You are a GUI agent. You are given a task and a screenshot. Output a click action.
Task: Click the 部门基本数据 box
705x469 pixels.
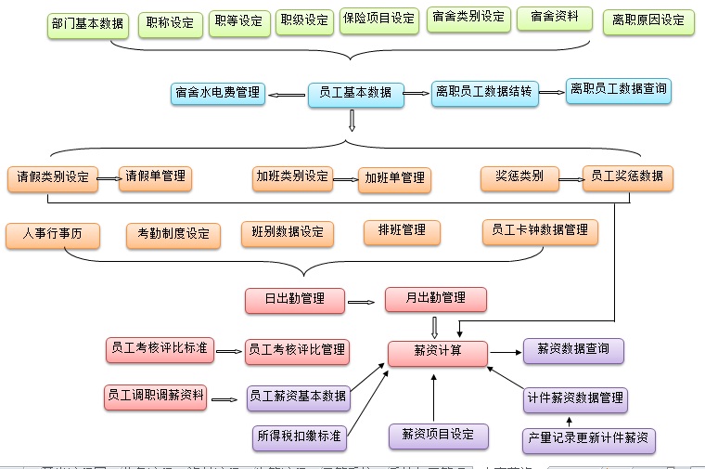click(87, 24)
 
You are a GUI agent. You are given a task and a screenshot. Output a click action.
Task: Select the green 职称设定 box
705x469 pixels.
click(171, 22)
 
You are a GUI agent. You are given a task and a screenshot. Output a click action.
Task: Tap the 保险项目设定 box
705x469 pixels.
click(378, 20)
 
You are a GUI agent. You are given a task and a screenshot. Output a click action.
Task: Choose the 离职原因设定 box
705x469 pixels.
click(648, 21)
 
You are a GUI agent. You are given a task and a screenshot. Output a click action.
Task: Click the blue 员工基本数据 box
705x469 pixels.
click(355, 93)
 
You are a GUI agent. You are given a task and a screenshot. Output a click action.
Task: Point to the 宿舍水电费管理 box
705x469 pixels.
click(218, 93)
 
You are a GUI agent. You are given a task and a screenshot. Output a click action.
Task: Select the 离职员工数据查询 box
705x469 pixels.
click(619, 90)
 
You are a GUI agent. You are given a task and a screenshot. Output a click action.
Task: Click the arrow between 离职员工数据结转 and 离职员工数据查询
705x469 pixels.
click(552, 92)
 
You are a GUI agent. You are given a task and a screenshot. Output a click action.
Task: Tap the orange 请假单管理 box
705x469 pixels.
click(155, 176)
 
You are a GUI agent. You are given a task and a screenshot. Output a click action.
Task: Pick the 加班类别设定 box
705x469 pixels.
click(291, 176)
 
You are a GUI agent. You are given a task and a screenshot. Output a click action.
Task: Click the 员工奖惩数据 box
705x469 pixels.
click(627, 176)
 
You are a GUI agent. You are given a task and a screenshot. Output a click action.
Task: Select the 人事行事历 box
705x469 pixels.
click(53, 235)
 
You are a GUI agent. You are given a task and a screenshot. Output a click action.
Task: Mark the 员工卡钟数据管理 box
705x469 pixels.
click(540, 230)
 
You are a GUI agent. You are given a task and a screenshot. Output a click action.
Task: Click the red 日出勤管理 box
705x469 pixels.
click(294, 300)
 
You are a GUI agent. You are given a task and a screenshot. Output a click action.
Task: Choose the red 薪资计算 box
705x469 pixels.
click(437, 352)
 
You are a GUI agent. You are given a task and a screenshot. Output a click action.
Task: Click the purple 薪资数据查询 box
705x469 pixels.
click(573, 351)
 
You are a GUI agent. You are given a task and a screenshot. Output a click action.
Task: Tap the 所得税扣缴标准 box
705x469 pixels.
click(300, 436)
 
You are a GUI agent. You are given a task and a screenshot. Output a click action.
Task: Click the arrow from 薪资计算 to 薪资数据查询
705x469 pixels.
click(505, 352)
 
